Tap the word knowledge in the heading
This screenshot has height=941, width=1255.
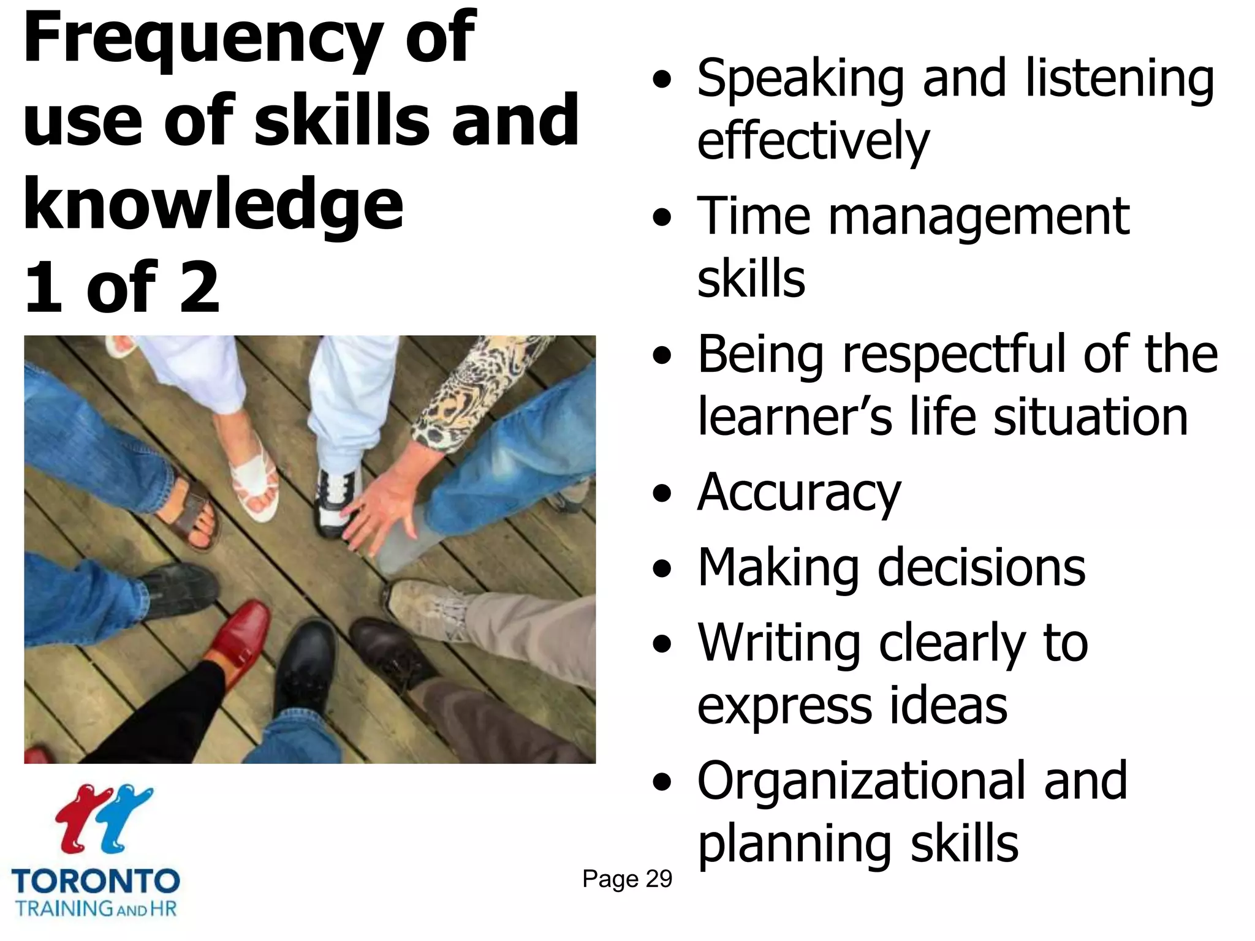[213, 205]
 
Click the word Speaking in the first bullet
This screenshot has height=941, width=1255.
[800, 80]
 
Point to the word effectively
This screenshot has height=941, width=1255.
[813, 142]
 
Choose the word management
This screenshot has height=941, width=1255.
[979, 217]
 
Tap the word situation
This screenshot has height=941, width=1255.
[1090, 417]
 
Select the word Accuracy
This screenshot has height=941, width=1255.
[799, 494]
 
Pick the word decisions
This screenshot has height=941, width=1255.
[981, 569]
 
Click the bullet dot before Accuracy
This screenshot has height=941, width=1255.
[662, 494]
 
